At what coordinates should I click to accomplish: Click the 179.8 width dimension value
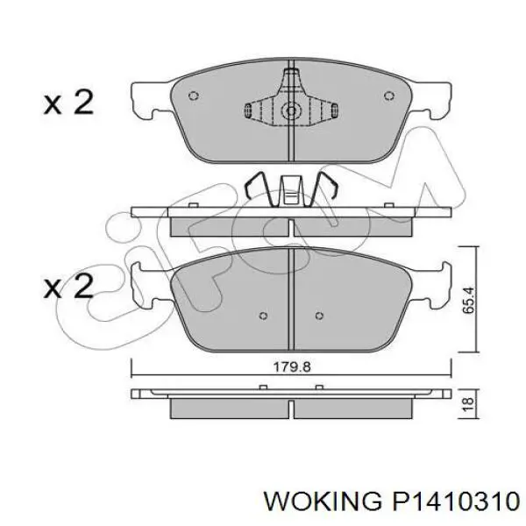292,366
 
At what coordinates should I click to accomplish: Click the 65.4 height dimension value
468,300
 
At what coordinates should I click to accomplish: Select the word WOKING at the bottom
323,501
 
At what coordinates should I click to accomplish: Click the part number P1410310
455,501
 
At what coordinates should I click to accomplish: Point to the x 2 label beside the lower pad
68,286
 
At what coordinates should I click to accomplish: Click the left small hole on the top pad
194,96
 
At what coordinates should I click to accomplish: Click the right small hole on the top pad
388,96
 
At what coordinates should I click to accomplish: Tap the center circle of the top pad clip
291,110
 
